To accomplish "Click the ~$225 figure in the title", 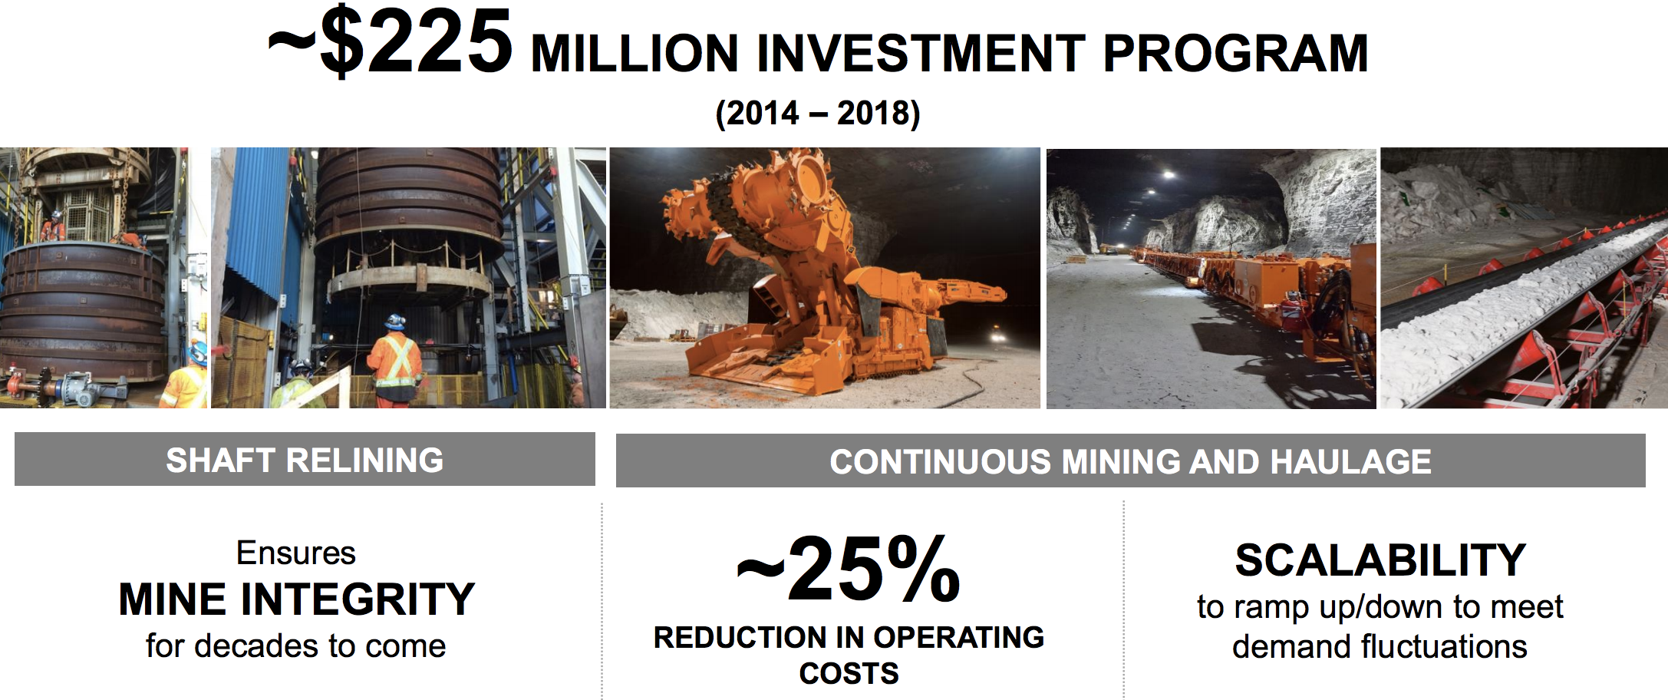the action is (x=390, y=42).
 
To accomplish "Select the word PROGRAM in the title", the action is (x=1235, y=54).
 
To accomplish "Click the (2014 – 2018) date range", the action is (x=817, y=114).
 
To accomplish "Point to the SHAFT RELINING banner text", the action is (x=305, y=461).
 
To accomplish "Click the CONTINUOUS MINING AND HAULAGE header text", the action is (x=1130, y=462).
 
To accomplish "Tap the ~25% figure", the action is (x=848, y=570).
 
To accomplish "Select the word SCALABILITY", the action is (x=1380, y=560).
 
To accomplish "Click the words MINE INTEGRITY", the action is (x=296, y=599).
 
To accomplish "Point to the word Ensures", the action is (x=296, y=553).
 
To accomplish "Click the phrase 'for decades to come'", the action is (x=295, y=646).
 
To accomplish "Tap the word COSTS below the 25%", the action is (x=849, y=674).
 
